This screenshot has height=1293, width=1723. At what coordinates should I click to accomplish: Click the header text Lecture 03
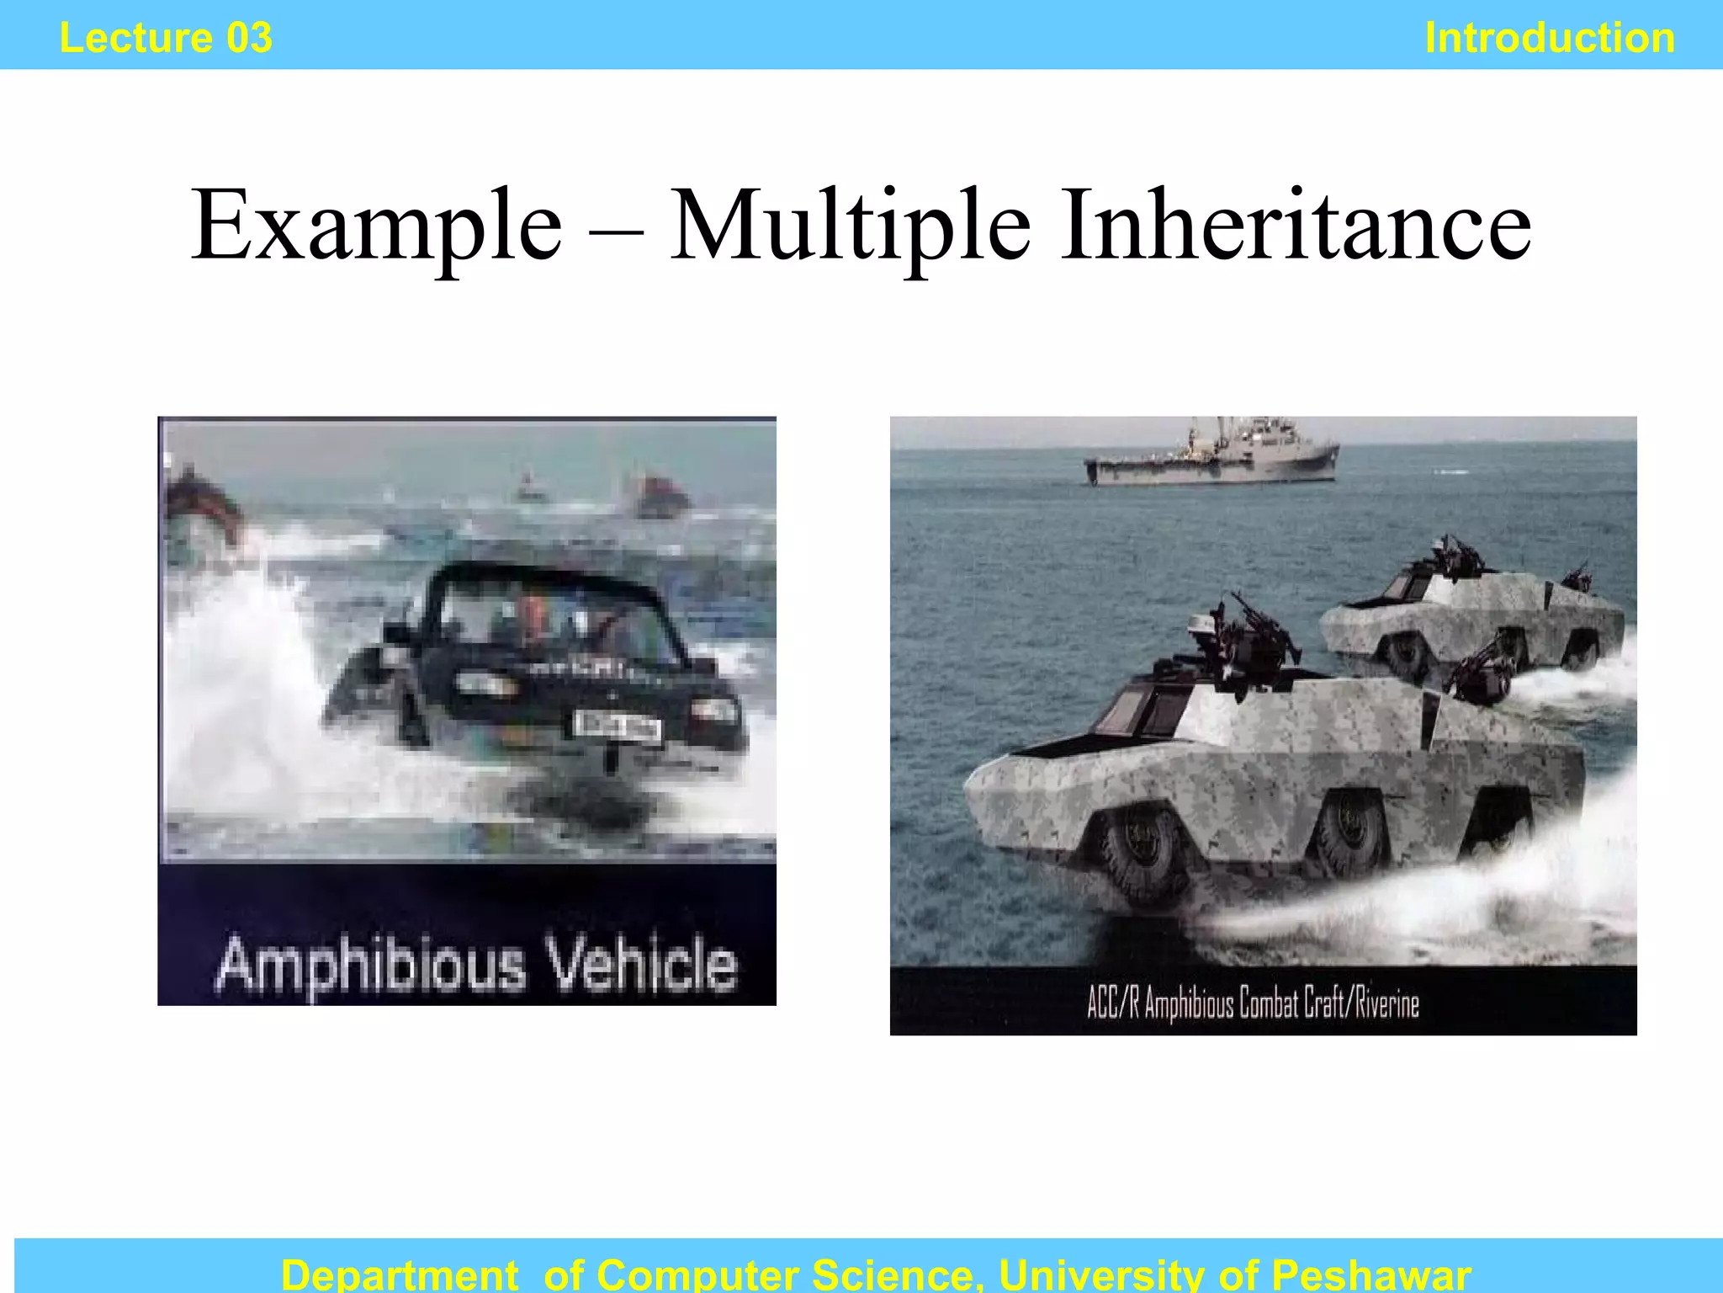coord(166,38)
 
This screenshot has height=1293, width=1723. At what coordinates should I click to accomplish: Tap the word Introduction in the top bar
coord(1550,38)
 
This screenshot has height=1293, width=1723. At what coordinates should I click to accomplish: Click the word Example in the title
coord(376,226)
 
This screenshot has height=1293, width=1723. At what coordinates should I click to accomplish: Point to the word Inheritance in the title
coord(1295,226)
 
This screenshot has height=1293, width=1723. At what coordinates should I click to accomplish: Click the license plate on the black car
coord(617,726)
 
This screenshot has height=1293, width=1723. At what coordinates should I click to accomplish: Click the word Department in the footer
coord(400,1274)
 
